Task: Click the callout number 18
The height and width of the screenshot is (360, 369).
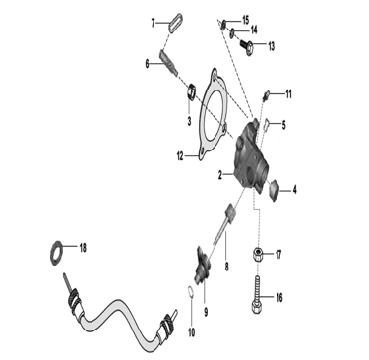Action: (x=83, y=248)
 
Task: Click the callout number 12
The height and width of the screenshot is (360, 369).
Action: (x=180, y=156)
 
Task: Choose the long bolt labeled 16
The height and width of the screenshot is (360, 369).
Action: (x=258, y=294)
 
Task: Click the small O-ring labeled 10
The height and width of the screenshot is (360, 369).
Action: (x=190, y=292)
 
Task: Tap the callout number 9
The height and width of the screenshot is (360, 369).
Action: (x=206, y=312)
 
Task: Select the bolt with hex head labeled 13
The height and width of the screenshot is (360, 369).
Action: (x=247, y=46)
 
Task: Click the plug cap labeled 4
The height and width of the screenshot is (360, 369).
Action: (x=274, y=191)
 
